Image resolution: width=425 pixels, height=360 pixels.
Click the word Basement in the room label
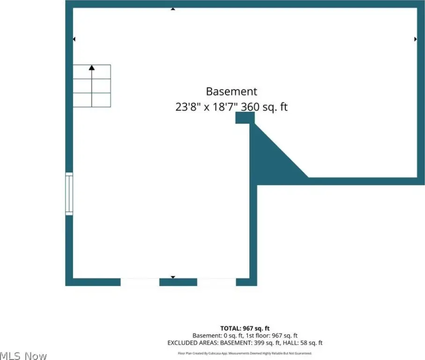tap(231, 91)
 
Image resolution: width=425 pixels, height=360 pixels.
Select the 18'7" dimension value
tap(223, 107)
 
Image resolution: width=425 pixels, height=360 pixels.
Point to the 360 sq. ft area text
tap(264, 107)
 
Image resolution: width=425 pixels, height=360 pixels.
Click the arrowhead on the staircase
tap(92, 67)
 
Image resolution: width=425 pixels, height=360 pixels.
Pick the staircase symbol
tap(92, 86)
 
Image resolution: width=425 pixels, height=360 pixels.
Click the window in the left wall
tap(69, 194)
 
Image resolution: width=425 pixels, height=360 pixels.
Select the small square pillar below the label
tap(245, 118)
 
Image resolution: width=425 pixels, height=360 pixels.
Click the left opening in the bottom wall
tap(140, 282)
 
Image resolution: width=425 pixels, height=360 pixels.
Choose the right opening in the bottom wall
tap(216, 282)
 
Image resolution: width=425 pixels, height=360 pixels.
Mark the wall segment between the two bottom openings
tap(178, 282)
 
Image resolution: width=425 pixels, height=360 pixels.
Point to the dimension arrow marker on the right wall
tap(416, 39)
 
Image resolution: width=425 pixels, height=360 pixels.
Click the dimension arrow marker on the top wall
tap(173, 9)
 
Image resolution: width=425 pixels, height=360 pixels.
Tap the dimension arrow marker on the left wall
tap(74, 39)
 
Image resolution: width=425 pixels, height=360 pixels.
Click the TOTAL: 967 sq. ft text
tap(245, 328)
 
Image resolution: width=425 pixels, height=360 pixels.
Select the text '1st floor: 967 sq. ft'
tap(272, 336)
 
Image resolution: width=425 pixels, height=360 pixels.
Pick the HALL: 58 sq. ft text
tap(303, 343)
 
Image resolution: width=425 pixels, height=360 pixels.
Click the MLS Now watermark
tap(23, 355)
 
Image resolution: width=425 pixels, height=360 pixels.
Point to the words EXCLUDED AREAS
tap(193, 343)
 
